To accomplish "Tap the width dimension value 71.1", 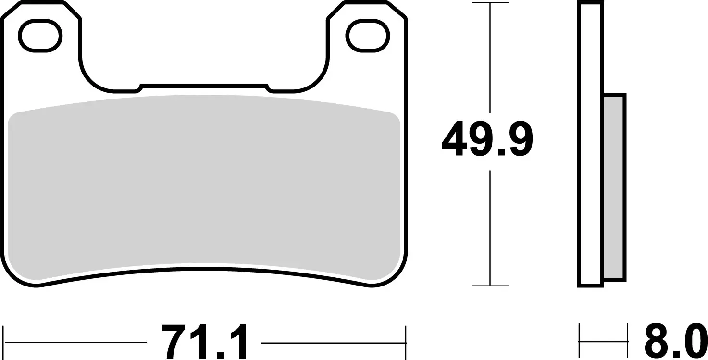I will [204, 342].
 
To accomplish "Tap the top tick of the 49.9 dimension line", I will [490, 3].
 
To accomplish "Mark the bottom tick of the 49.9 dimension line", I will [490, 286].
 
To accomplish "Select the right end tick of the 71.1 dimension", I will [406, 342].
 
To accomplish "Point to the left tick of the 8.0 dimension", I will [580, 342].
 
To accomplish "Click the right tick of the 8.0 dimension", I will [628, 342].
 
